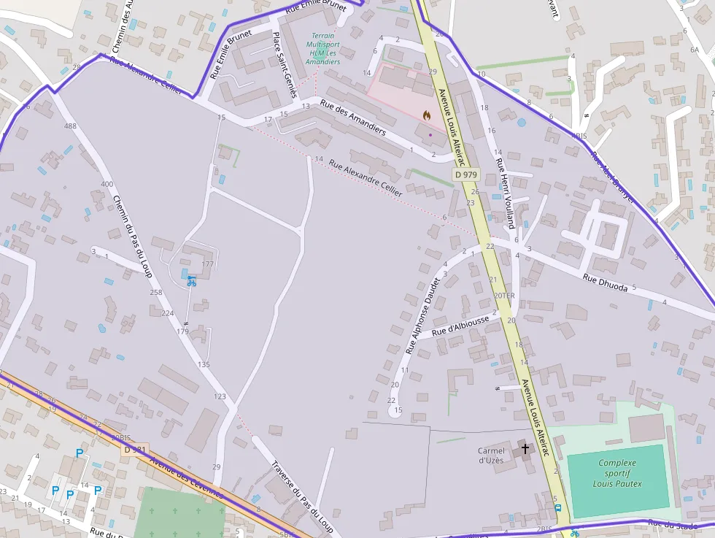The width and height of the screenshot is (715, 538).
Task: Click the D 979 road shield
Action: click(465, 174)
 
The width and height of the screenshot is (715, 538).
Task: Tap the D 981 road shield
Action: click(136, 450)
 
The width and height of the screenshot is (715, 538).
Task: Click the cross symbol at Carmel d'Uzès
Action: click(525, 448)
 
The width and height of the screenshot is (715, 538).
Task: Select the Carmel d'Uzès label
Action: click(491, 456)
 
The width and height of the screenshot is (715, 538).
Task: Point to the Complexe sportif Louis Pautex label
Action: click(617, 473)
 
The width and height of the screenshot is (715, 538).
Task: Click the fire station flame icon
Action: click(427, 115)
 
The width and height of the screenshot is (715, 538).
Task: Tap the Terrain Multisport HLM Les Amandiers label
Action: click(322, 49)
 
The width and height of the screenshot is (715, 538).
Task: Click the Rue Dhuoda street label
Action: click(606, 283)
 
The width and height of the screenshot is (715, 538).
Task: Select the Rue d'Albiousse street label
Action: click(460, 326)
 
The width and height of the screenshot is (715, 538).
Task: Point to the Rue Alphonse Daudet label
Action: click(424, 315)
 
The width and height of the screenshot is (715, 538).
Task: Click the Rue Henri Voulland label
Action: click(505, 193)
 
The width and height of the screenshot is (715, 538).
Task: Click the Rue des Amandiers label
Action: click(353, 117)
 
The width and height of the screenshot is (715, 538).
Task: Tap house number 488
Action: click(70, 126)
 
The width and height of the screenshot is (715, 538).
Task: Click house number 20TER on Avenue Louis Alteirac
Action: click(504, 296)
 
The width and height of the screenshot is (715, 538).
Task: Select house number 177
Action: click(208, 264)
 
